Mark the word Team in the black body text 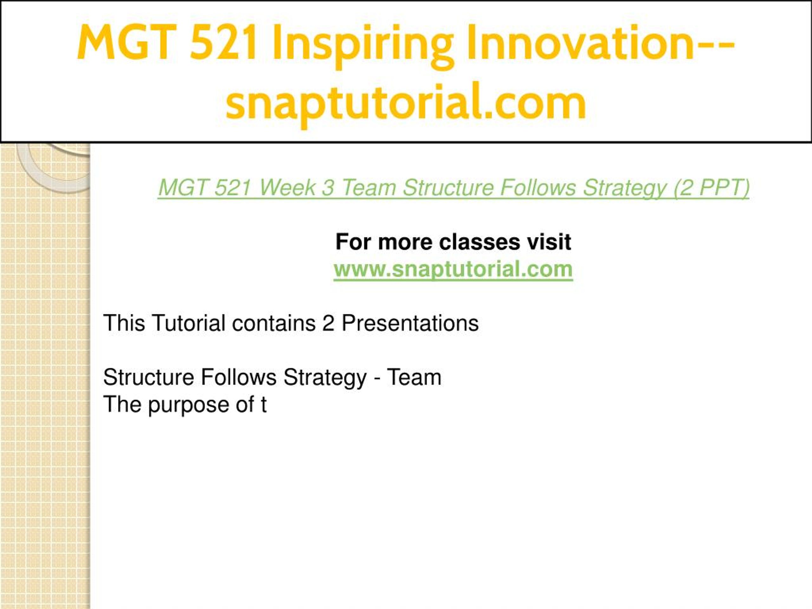pos(414,377)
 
